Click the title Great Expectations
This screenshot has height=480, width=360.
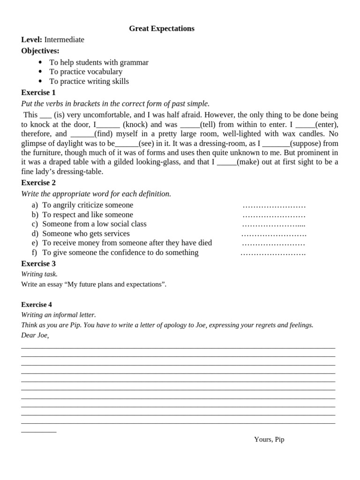[161, 29]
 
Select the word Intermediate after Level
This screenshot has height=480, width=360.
[64, 40]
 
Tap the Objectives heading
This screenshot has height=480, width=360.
[40, 51]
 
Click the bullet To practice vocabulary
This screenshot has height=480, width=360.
[86, 72]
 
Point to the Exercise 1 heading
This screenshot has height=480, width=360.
[38, 92]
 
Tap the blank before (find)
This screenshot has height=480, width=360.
[82, 135]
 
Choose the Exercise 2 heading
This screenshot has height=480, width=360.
[38, 183]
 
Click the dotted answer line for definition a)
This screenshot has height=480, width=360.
[274, 206]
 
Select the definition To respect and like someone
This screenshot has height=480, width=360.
[88, 215]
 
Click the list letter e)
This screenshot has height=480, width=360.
[35, 243]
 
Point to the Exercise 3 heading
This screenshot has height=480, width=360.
[38, 264]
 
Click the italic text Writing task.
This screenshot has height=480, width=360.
[39, 274]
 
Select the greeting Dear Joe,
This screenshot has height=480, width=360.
[35, 335]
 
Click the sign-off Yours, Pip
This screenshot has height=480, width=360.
[269, 440]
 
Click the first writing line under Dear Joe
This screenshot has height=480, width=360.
[178, 347]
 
